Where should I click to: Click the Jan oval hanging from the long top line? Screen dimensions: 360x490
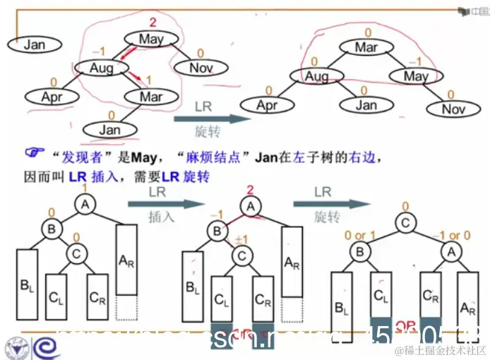pyautogui.click(x=34, y=44)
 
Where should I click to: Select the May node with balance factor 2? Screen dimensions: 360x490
pyautogui.click(x=150, y=40)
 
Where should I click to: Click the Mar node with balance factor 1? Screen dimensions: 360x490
pyautogui.click(x=150, y=97)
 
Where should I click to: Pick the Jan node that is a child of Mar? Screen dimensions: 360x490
pyautogui.click(x=109, y=130)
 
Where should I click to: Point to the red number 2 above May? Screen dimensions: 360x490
pyautogui.click(x=151, y=24)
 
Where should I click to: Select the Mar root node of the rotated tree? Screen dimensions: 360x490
pyautogui.click(x=366, y=48)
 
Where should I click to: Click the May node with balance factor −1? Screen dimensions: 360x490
pyautogui.click(x=416, y=76)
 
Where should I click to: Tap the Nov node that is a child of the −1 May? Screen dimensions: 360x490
pyautogui.click(x=453, y=109)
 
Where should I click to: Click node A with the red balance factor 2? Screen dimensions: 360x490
pyautogui.click(x=249, y=206)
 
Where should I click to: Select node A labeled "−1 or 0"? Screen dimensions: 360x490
pyautogui.click(x=450, y=252)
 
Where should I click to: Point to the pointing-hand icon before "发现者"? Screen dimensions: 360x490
pyautogui.click(x=34, y=153)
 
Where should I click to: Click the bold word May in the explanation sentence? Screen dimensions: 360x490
pyautogui.click(x=132, y=155)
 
